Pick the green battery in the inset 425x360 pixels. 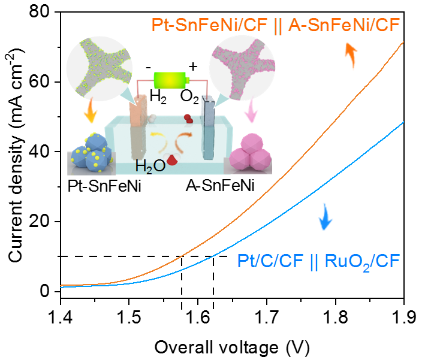171,79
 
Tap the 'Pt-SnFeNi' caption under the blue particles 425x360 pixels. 103,186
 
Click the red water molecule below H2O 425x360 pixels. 173,160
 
